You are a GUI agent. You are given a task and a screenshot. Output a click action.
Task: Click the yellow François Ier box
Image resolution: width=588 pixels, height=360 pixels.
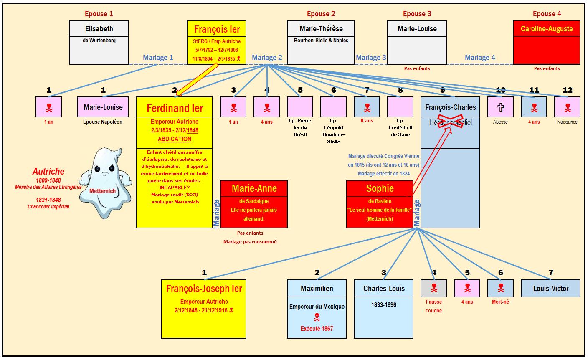[x=217, y=42]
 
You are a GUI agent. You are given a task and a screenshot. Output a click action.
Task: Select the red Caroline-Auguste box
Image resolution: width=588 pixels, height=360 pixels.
[x=546, y=42]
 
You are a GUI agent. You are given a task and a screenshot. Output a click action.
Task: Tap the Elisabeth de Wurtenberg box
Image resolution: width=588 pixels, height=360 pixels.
[x=99, y=42]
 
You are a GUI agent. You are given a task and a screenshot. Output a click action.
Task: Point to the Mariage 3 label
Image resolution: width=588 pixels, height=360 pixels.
[x=371, y=58]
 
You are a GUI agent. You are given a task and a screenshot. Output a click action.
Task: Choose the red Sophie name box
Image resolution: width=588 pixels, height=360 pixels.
[x=380, y=188]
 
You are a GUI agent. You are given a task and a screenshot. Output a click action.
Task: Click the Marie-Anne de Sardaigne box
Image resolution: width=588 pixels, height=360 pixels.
[x=254, y=204]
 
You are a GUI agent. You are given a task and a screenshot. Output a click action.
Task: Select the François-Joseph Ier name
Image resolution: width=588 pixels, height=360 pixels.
[x=204, y=289]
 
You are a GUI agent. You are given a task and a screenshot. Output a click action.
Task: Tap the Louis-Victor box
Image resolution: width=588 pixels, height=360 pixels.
[x=550, y=288]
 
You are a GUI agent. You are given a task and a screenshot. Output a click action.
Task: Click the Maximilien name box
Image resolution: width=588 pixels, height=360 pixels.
[x=317, y=288]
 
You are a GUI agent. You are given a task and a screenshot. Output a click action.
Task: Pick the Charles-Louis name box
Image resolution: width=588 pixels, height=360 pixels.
[x=383, y=288]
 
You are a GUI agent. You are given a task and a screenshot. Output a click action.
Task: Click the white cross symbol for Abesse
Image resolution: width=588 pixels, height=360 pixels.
[x=500, y=107]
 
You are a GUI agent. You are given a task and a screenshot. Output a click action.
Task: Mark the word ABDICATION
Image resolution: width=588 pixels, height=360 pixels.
[x=175, y=139]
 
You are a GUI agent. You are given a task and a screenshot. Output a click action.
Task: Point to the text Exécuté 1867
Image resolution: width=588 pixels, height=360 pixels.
[x=317, y=328]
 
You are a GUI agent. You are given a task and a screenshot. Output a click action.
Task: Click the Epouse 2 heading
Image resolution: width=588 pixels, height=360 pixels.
[x=321, y=14]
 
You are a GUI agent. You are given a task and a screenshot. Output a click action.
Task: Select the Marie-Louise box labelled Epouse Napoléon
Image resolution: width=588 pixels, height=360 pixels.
[x=103, y=107]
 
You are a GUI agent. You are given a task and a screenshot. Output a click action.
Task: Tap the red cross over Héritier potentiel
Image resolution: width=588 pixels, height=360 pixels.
[x=450, y=121]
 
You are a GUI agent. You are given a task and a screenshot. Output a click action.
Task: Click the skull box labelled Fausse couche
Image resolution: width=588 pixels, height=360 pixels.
[x=433, y=288]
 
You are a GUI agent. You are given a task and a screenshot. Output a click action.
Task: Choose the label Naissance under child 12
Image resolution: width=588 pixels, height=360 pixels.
[x=567, y=122]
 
